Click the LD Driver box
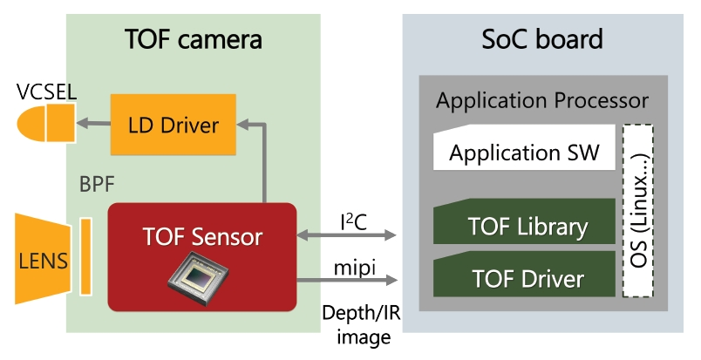tap(174, 125)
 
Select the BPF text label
tap(95, 185)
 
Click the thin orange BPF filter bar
tap(85, 256)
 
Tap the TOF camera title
tap(194, 39)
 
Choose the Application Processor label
tap(542, 100)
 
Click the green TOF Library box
tap(524, 225)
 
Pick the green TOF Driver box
tap(524, 278)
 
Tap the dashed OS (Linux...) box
tap(639, 210)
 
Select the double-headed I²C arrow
tap(347, 235)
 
